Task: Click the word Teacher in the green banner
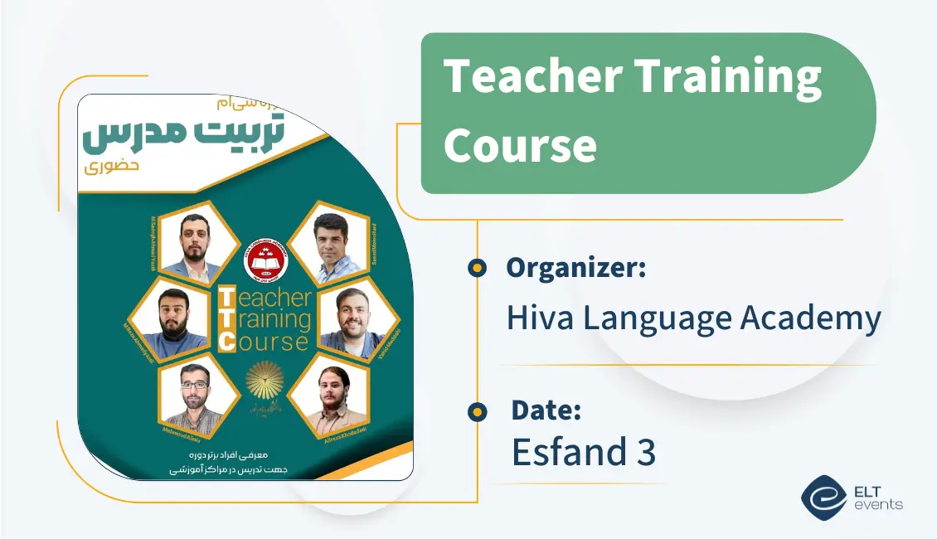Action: [532, 77]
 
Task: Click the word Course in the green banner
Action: [520, 145]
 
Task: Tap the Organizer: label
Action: [576, 268]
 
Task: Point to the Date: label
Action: [546, 410]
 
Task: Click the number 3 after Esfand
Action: [646, 453]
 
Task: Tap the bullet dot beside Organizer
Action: [477, 268]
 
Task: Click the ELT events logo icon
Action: [823, 497]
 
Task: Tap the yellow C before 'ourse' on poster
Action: [226, 341]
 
